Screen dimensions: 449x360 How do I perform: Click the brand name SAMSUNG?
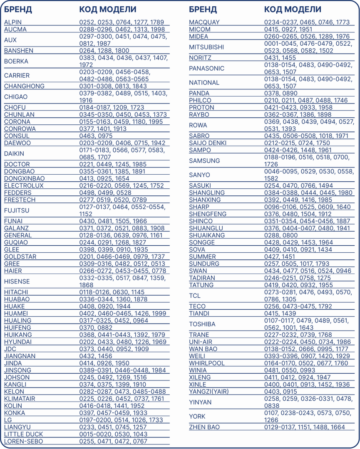[x=204, y=160]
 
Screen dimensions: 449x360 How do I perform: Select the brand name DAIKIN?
[x=14, y=153]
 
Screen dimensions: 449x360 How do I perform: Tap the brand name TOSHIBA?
[x=202, y=324]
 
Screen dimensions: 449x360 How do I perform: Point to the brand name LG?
[x=8, y=420]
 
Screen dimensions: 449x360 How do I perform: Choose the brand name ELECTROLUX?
[x=24, y=185]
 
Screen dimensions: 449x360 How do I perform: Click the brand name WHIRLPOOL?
[x=206, y=363]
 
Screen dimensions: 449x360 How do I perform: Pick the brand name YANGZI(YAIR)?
[x=209, y=391]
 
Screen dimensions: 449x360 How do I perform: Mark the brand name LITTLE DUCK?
[x=23, y=434]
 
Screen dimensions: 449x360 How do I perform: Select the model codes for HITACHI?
[x=112, y=292]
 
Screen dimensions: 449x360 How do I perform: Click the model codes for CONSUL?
[x=96, y=136]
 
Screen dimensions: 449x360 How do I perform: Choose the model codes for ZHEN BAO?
[x=304, y=427]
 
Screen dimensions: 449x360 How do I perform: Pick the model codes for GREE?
[x=122, y=264]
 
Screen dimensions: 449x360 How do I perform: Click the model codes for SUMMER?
[x=279, y=257]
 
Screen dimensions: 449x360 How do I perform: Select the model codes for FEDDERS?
[x=105, y=192]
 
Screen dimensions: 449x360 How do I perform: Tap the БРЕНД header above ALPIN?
[x=18, y=10]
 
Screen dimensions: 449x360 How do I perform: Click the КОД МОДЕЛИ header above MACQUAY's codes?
[x=293, y=10]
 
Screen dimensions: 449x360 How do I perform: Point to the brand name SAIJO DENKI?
[x=208, y=143]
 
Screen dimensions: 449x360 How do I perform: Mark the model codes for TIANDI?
[x=280, y=313]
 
